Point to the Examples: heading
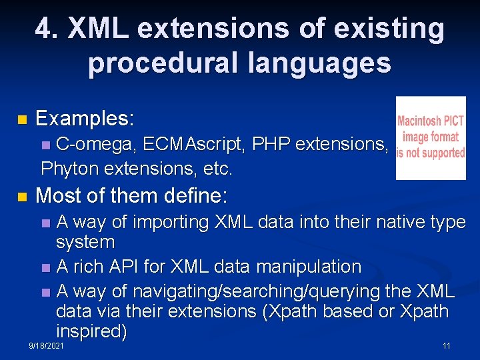click(x=85, y=119)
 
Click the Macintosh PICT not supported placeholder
click(x=431, y=138)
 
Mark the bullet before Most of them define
click(x=22, y=197)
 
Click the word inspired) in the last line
click(x=91, y=331)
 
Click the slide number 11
click(x=446, y=346)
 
